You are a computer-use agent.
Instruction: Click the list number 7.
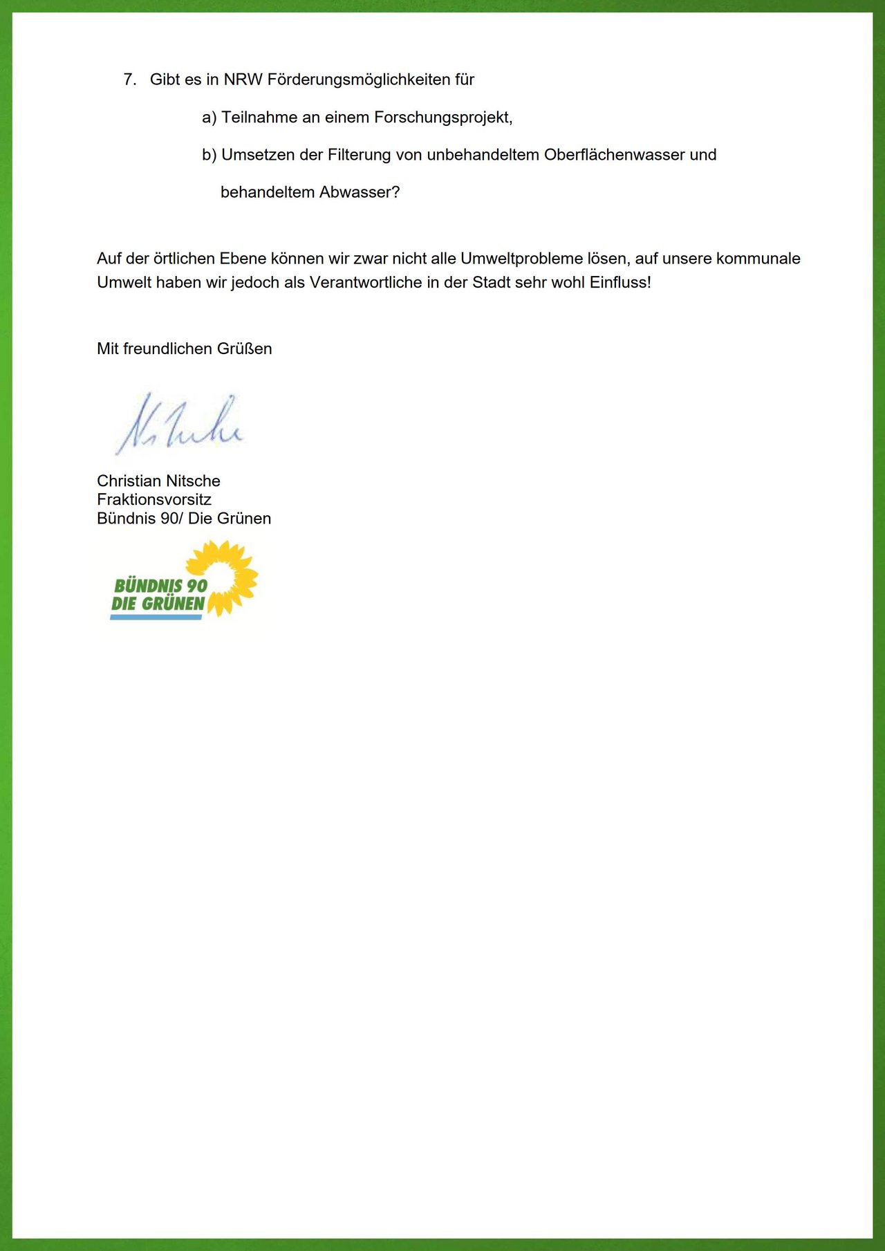tap(129, 80)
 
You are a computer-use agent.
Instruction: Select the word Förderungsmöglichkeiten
tap(358, 80)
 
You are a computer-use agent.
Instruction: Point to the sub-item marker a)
tap(209, 118)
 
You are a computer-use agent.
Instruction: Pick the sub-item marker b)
tap(209, 156)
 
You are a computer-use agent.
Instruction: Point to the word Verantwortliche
tap(366, 283)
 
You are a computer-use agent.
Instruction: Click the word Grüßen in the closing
tap(244, 349)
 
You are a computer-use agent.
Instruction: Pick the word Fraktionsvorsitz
tap(154, 500)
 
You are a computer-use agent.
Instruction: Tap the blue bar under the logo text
tap(156, 617)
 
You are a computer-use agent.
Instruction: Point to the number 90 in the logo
tap(196, 586)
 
